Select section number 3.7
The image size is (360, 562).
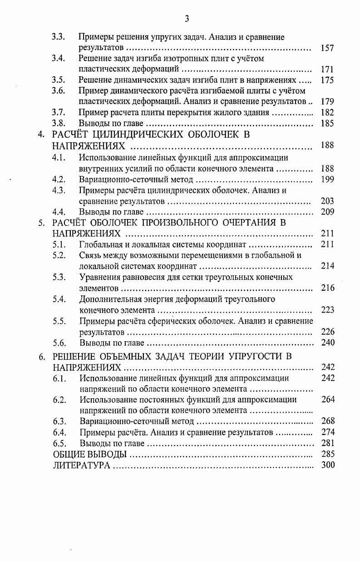pyautogui.click(x=59, y=112)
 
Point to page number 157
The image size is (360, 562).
pyautogui.click(x=327, y=48)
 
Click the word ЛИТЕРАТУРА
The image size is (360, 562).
pyautogui.click(x=82, y=465)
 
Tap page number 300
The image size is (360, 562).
pyautogui.click(x=327, y=465)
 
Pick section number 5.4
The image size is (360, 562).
pyautogui.click(x=59, y=299)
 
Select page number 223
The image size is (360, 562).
pyautogui.click(x=327, y=310)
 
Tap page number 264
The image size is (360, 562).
pyautogui.click(x=327, y=400)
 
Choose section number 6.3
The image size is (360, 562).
pyautogui.click(x=59, y=421)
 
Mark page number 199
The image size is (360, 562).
pyautogui.click(x=327, y=179)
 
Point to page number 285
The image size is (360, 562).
pyautogui.click(x=327, y=454)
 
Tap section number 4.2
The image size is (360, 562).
pyautogui.click(x=59, y=179)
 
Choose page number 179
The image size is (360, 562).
pyautogui.click(x=327, y=101)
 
